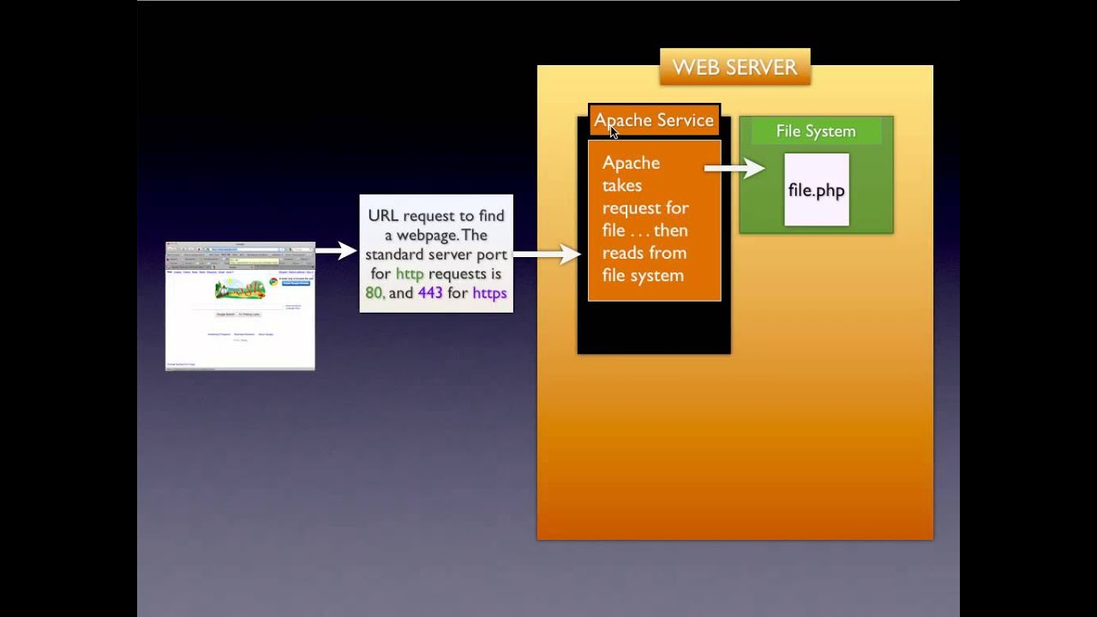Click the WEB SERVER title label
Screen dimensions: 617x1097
click(x=734, y=68)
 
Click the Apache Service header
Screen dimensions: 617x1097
click(x=654, y=121)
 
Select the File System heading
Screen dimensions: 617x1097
click(x=815, y=131)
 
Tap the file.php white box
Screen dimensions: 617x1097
click(x=816, y=190)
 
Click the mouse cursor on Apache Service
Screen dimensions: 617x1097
click(x=614, y=131)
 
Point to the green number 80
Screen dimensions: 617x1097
click(x=374, y=293)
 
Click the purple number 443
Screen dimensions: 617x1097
click(x=430, y=293)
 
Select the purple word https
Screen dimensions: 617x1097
click(x=489, y=293)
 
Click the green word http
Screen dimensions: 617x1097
click(x=409, y=274)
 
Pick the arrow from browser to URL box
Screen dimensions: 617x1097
click(x=336, y=250)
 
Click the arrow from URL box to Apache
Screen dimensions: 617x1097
click(x=547, y=254)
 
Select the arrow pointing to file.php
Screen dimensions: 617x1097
click(x=734, y=168)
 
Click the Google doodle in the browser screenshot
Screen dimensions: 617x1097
click(x=240, y=288)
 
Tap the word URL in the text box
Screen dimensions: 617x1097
click(x=383, y=216)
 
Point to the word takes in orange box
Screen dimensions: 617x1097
click(x=621, y=185)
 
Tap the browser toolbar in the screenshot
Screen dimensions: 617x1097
click(x=240, y=249)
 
